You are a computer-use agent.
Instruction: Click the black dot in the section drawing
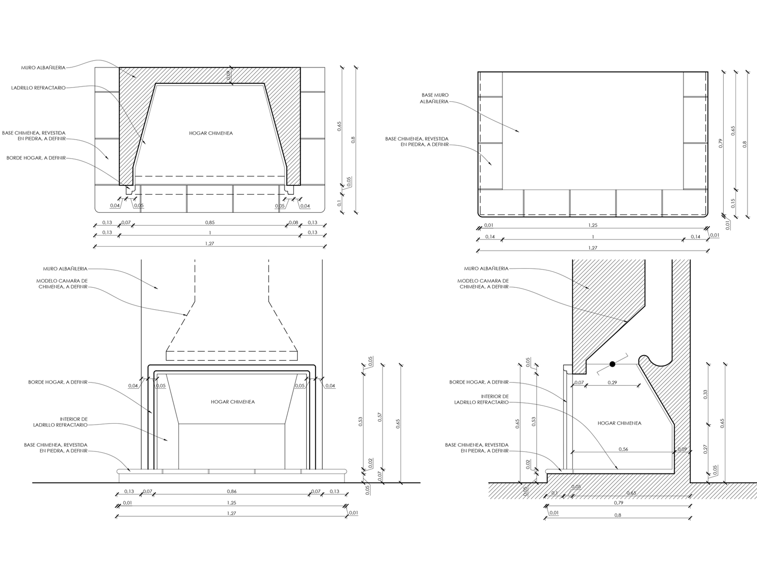pos(612,364)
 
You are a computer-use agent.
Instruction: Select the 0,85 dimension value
pos(210,223)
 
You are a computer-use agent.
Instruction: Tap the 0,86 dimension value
pos(231,491)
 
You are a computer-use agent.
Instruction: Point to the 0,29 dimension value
pos(612,382)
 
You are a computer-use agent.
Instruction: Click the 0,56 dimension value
pos(623,449)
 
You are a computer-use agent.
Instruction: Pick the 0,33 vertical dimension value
pos(705,394)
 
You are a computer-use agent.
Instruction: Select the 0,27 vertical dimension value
pos(705,449)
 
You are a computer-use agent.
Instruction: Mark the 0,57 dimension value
pos(380,417)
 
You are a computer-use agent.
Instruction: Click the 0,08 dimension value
pos(294,223)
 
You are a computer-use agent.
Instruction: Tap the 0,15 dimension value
pos(733,203)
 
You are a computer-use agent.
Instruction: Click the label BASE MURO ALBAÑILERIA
pos(435,98)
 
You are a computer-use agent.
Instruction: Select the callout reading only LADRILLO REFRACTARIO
pos(38,88)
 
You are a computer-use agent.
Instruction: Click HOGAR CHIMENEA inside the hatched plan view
pos(211,133)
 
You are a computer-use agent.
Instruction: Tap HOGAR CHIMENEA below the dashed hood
pos(233,402)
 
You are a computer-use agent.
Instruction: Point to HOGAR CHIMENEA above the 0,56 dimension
pos(619,423)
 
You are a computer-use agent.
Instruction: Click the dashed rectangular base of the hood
pos(232,356)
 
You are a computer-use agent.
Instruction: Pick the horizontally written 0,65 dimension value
pos(631,493)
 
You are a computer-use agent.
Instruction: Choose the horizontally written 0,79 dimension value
pos(618,503)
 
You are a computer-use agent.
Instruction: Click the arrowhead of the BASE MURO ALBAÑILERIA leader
pos(519,132)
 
